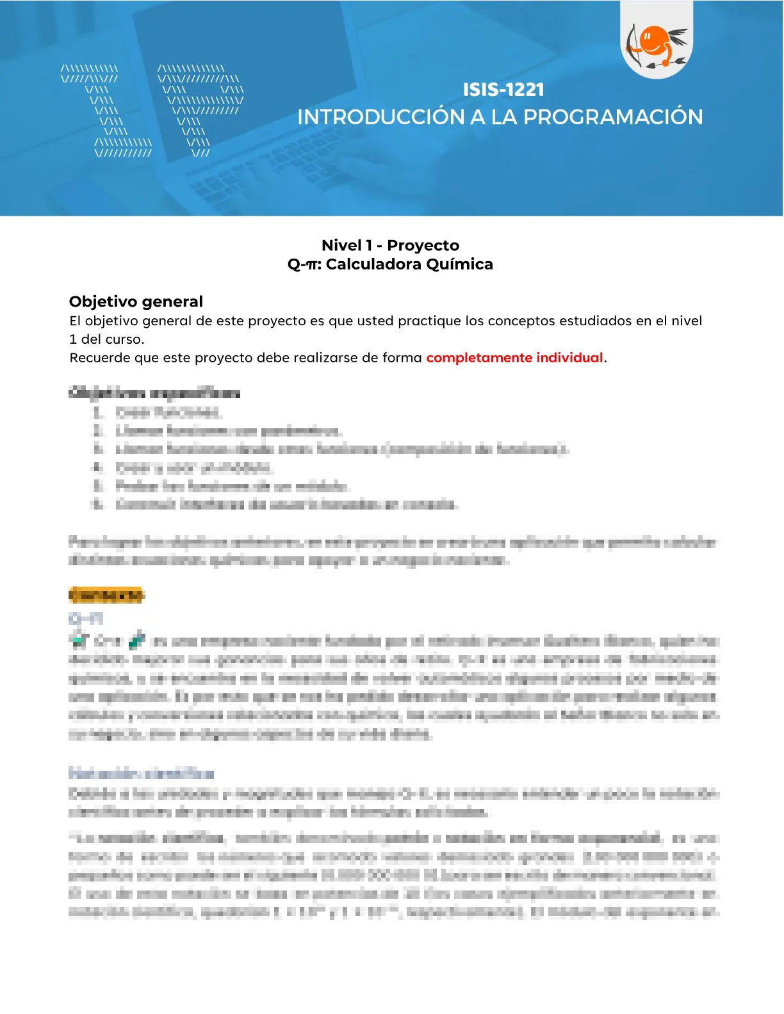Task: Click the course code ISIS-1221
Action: pyautogui.click(x=503, y=90)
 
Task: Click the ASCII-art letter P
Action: pyautogui.click(x=200, y=109)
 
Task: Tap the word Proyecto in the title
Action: pyautogui.click(x=423, y=245)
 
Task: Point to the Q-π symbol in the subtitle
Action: pyautogui.click(x=304, y=264)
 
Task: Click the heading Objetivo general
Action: pyautogui.click(x=136, y=302)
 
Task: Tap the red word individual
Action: pyautogui.click(x=569, y=358)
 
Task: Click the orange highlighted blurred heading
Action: pyautogui.click(x=106, y=595)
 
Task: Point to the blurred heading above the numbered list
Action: pyautogui.click(x=154, y=393)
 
